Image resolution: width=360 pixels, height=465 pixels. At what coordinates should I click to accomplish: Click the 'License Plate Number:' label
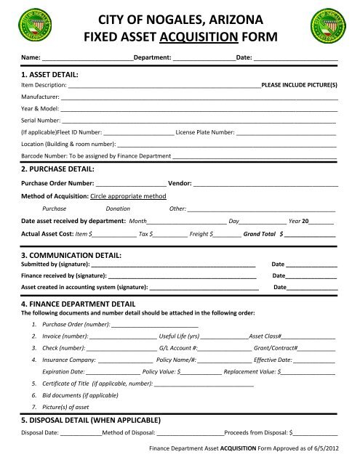click(x=205, y=134)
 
